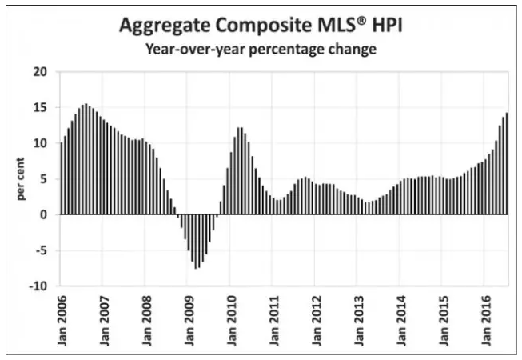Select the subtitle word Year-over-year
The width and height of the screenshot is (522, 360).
(x=191, y=50)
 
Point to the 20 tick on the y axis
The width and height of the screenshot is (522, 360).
(x=41, y=72)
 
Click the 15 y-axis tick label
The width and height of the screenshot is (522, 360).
(x=41, y=107)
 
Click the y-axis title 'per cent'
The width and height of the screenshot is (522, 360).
(x=22, y=178)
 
